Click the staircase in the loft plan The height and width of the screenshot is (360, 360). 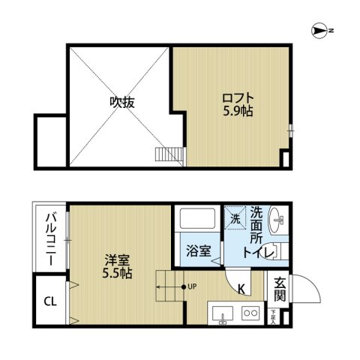click(168, 154)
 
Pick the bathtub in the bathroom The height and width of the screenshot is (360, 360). click(198, 220)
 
